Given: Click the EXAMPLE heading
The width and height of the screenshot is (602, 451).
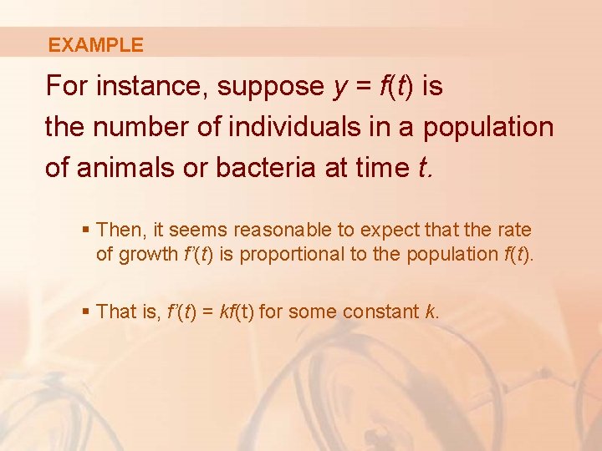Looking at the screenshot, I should point(95,45).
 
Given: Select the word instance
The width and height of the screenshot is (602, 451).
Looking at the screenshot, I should point(143,86).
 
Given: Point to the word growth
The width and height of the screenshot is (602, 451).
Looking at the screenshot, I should point(148,254).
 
